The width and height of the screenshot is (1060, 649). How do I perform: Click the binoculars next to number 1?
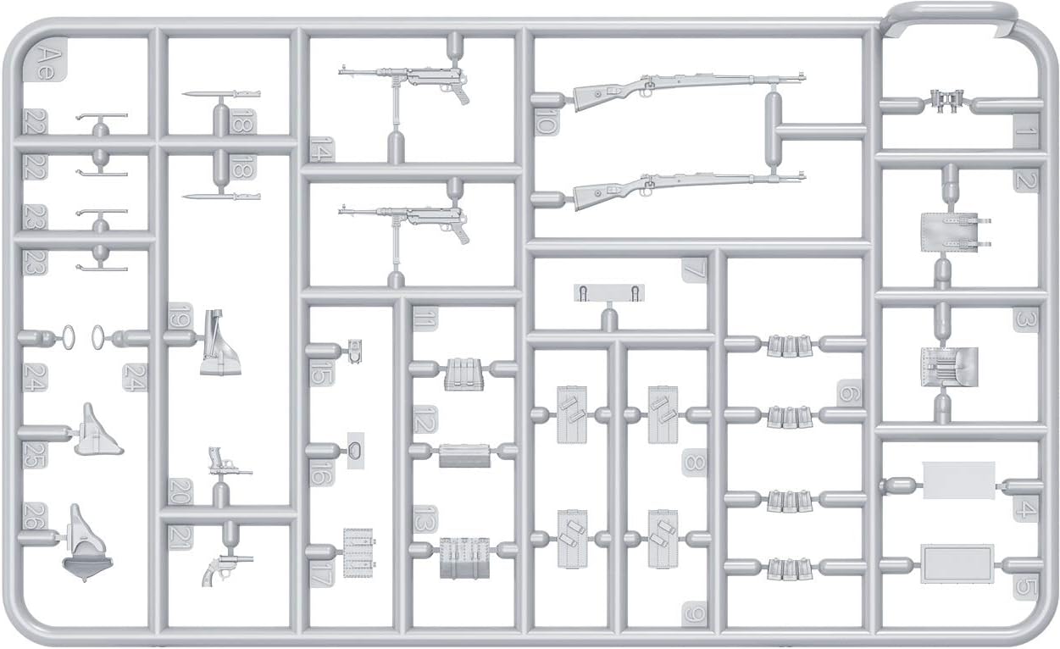[x=946, y=100]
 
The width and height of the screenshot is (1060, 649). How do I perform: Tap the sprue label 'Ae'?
[x=49, y=63]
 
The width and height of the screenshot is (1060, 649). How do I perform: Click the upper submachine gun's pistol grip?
[x=459, y=94]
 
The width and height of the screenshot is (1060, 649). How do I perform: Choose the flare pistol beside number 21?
[x=226, y=570]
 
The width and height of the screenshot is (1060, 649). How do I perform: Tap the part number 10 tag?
[x=546, y=121]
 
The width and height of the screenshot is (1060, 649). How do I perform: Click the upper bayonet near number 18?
[x=221, y=94]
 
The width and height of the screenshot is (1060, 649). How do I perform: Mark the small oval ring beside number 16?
[x=355, y=452]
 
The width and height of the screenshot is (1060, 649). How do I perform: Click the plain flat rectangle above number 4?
[x=958, y=480]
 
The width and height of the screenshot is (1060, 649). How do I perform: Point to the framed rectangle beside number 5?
[x=957, y=564]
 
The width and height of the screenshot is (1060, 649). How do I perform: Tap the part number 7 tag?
[x=694, y=270]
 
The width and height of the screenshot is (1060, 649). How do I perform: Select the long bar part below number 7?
[x=609, y=293]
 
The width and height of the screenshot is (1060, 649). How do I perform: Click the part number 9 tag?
[x=694, y=614]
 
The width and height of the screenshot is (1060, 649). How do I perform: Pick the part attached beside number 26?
[x=87, y=543]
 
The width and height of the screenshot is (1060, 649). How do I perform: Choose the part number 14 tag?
[x=322, y=148]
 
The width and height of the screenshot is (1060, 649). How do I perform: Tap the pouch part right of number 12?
[x=464, y=456]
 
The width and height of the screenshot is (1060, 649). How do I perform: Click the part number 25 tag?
[x=35, y=455]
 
